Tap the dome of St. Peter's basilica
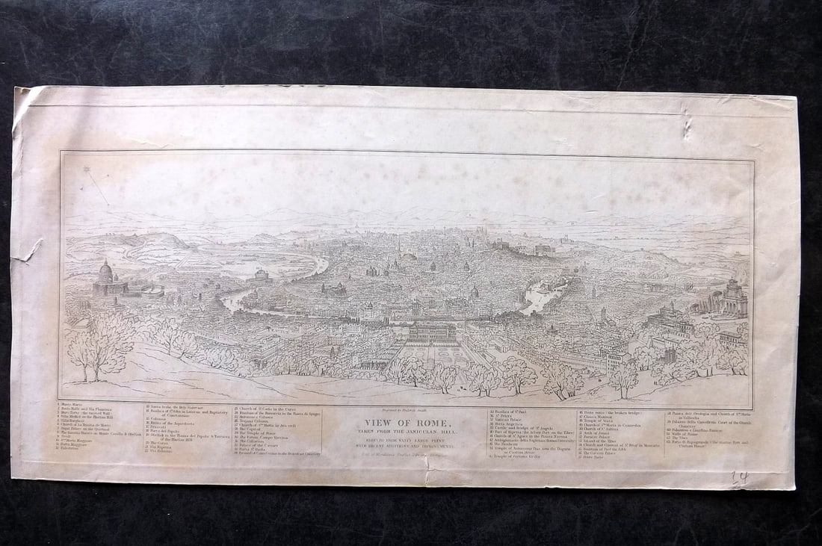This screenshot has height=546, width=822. point(106,270)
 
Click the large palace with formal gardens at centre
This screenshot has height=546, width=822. point(432,332)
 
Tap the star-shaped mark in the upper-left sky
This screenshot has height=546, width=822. point(88,170)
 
